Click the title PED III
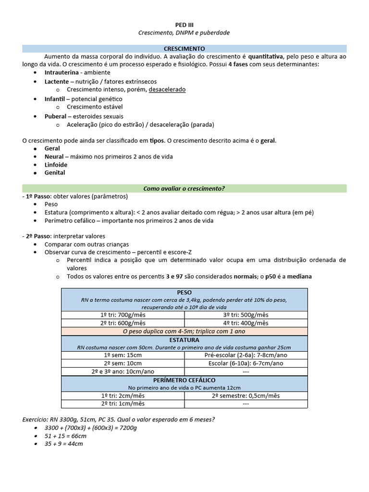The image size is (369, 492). [184, 25]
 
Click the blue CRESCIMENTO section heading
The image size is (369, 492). [184, 49]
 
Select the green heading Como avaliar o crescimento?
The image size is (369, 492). [184, 188]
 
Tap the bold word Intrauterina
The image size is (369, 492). [61, 72]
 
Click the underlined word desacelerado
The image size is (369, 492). [167, 89]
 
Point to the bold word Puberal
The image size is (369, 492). [55, 116]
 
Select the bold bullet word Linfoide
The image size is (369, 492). [56, 164]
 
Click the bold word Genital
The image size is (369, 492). [55, 172]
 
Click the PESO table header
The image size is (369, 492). [184, 292]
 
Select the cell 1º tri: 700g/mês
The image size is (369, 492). [123, 315]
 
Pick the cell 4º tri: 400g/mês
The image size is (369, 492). [246, 323]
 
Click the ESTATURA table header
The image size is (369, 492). [184, 340]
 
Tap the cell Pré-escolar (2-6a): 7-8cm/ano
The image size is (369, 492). [246, 355]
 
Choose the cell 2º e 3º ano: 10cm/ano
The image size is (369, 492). [123, 371]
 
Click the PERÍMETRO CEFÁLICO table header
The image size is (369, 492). [184, 380]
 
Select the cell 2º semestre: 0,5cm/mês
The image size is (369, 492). [246, 395]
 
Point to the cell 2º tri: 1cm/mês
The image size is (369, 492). [123, 404]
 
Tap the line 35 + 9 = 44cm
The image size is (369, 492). [63, 444]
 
